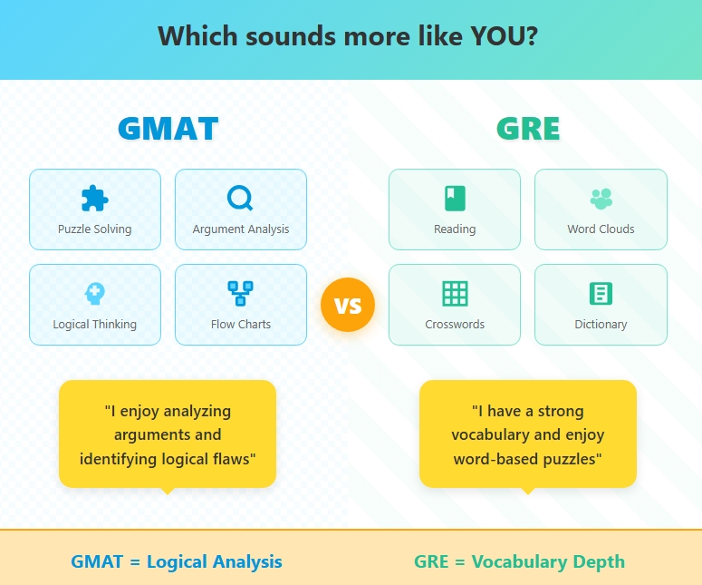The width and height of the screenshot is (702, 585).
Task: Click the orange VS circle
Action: coord(348,305)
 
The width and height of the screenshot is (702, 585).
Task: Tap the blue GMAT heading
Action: coord(168,129)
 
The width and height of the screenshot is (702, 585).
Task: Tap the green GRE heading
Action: coord(528,129)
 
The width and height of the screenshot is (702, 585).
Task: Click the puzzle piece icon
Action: coord(94,198)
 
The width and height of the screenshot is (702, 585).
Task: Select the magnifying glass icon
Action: coord(240,198)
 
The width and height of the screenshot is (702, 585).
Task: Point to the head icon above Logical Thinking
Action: coord(94,293)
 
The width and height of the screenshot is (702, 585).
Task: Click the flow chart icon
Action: coord(240,293)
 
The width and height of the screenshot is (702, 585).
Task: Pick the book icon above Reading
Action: coord(455,198)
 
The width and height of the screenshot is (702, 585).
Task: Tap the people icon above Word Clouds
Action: coord(601,198)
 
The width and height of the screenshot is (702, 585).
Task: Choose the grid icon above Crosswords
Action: coord(455,293)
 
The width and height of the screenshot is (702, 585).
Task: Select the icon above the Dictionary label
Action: coord(601,293)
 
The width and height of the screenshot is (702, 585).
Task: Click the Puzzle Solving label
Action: coord(94,229)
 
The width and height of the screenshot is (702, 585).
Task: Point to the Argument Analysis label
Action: coord(240,229)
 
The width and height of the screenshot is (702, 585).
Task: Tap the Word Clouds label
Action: coord(601,229)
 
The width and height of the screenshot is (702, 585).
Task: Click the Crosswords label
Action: coord(455,325)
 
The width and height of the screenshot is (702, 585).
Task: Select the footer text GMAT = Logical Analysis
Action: coord(177,561)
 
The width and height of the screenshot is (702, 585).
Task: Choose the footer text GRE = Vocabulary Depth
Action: coord(519,561)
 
